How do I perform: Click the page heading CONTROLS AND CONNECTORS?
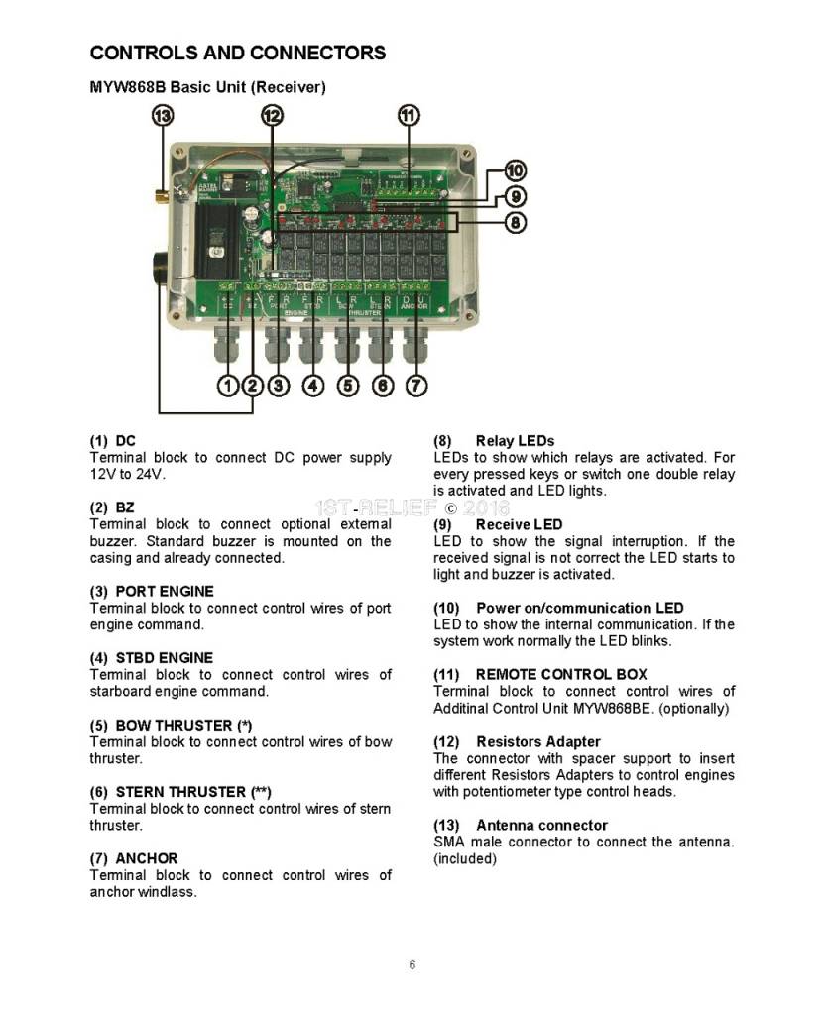pyautogui.click(x=238, y=53)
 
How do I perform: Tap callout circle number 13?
pyautogui.click(x=162, y=116)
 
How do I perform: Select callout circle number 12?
pyautogui.click(x=272, y=116)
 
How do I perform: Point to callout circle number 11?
pyautogui.click(x=409, y=116)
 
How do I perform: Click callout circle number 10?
pyautogui.click(x=516, y=170)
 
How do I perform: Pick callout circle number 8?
pyautogui.click(x=516, y=222)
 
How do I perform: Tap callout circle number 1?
pyautogui.click(x=227, y=386)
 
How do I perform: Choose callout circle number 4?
pyautogui.click(x=313, y=386)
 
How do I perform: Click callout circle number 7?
pyautogui.click(x=416, y=386)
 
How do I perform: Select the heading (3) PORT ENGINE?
pyautogui.click(x=151, y=591)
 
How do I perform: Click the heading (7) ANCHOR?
pyautogui.click(x=134, y=858)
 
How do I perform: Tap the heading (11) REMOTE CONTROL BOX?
pyautogui.click(x=539, y=674)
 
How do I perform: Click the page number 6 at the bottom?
pyautogui.click(x=412, y=965)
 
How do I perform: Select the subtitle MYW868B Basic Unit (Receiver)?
pyautogui.click(x=207, y=87)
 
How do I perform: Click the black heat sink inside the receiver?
pyautogui.click(x=219, y=238)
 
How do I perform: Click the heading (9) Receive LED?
pyautogui.click(x=498, y=524)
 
